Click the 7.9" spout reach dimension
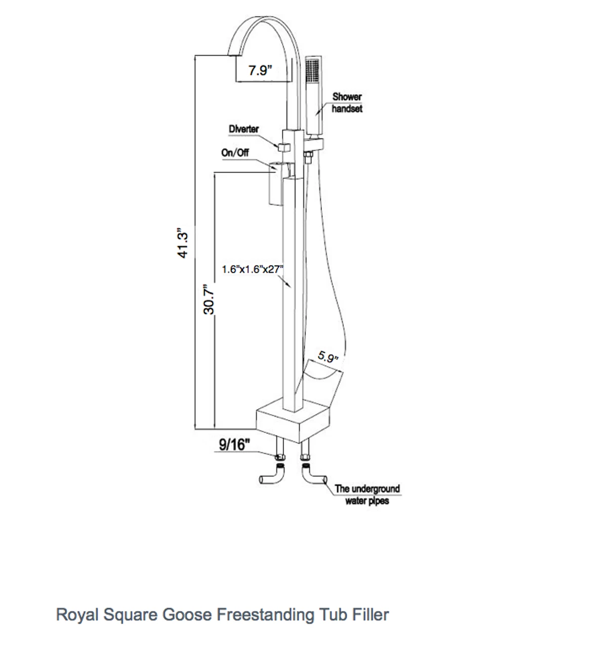tap(261, 70)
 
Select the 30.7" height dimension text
tap(210, 300)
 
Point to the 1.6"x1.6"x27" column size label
tap(252, 269)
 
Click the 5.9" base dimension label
tap(328, 357)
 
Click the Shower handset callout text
tap(347, 102)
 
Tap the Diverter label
tap(243, 129)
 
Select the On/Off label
tap(235, 153)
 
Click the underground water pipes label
tap(367, 495)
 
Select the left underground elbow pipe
tap(271, 477)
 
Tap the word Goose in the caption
tap(188, 615)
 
